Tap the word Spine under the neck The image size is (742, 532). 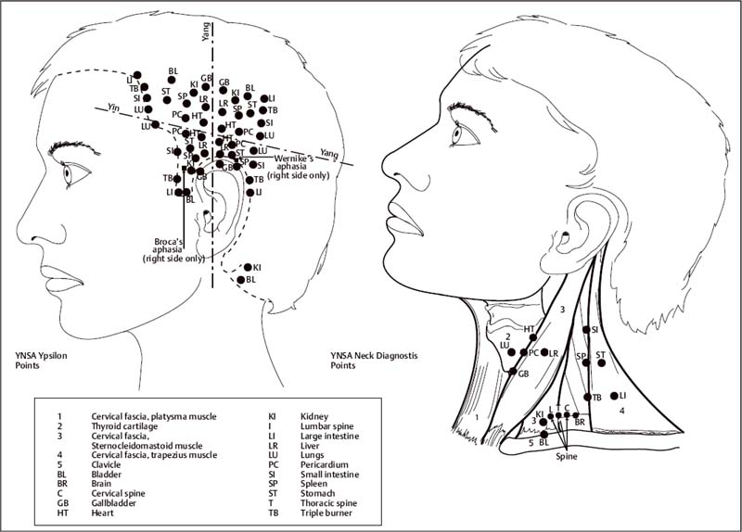568,457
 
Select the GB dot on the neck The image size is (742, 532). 512,373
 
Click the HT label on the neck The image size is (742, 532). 530,328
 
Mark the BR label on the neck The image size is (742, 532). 580,422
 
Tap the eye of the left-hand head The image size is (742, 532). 70,171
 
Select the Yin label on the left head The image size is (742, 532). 115,106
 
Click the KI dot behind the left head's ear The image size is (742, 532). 247,268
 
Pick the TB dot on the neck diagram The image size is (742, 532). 587,398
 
